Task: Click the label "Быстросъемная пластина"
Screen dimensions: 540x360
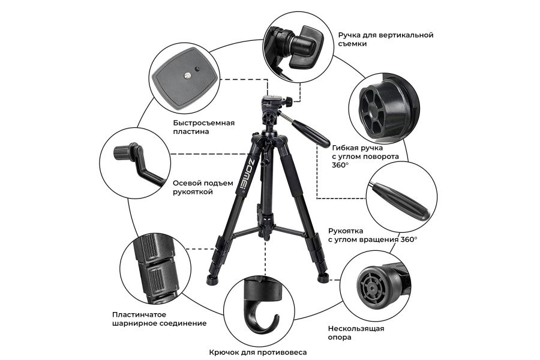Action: coord(203,127)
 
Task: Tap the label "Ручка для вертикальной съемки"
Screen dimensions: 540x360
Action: coord(385,39)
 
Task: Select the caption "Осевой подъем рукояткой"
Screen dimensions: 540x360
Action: coord(203,187)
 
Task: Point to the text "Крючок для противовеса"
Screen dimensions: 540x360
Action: coord(257,352)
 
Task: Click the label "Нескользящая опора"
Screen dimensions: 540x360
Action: coord(356,332)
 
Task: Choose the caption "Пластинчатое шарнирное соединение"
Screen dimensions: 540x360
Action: coord(159,319)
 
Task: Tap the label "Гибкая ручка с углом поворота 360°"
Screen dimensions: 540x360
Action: coord(365,157)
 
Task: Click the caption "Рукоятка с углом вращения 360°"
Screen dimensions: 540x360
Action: coord(373,235)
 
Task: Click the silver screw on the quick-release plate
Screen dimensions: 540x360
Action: coord(188,75)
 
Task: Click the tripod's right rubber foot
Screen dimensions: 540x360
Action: coord(323,277)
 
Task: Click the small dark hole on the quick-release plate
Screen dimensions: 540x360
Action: coord(197,69)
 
